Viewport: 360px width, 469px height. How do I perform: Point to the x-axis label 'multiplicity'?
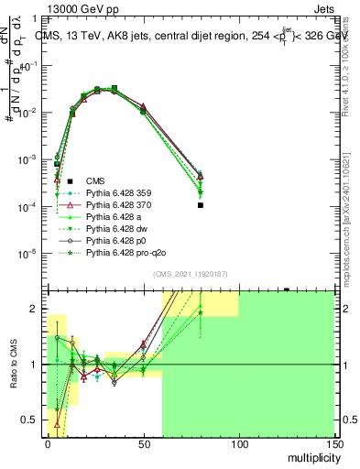(309, 456)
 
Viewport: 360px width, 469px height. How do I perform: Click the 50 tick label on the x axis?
(143, 444)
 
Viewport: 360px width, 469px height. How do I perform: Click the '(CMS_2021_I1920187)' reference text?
(191, 275)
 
